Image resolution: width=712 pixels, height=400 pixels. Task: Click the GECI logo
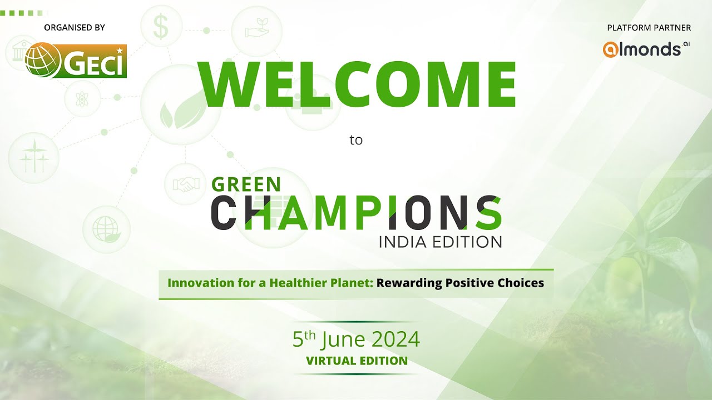click(x=76, y=61)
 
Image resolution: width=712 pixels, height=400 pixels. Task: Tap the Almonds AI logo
click(x=646, y=49)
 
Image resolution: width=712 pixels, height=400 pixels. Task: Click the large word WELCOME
click(x=359, y=85)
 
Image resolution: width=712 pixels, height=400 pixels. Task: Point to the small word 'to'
click(x=356, y=140)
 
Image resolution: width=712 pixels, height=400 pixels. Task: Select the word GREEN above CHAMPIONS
click(x=246, y=184)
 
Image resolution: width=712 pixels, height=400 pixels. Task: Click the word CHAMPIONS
click(x=356, y=213)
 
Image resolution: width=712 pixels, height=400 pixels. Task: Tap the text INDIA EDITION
click(x=440, y=242)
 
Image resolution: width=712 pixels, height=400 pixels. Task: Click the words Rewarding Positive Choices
click(x=460, y=283)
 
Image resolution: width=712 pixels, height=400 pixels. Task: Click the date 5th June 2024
click(x=356, y=338)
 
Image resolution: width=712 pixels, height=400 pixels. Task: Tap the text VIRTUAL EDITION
click(x=357, y=361)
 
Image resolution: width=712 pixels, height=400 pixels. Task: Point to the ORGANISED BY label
click(x=74, y=27)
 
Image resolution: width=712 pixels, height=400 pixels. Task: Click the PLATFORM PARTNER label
click(x=649, y=27)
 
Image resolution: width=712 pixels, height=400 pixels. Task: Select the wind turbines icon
click(x=34, y=158)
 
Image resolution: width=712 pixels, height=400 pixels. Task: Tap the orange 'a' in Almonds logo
click(x=610, y=49)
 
